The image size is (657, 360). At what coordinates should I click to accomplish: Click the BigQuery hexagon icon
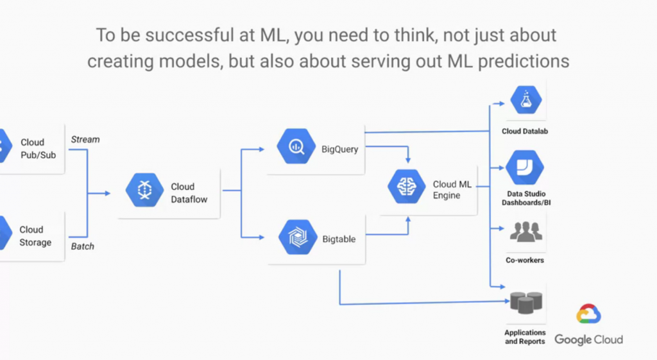click(x=296, y=147)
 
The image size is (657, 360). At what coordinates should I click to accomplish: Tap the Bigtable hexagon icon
click(x=296, y=237)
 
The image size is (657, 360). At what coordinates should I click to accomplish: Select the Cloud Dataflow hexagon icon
click(x=145, y=190)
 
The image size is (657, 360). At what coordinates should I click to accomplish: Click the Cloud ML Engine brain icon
click(x=407, y=187)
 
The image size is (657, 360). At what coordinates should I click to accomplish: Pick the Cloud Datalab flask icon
click(x=525, y=99)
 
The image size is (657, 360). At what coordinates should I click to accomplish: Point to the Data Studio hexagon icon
click(x=525, y=167)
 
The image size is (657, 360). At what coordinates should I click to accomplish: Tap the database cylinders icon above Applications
click(x=525, y=302)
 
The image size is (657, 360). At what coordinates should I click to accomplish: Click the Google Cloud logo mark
click(x=588, y=315)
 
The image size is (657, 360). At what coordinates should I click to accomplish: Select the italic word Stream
click(x=85, y=139)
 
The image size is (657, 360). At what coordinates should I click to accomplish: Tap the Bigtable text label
click(x=339, y=239)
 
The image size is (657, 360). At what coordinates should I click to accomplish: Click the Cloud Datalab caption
click(x=525, y=132)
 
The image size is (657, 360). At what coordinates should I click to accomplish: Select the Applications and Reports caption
click(x=525, y=337)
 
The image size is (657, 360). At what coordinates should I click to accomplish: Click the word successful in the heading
click(x=180, y=35)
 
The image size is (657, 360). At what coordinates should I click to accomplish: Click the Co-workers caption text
click(x=525, y=261)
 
